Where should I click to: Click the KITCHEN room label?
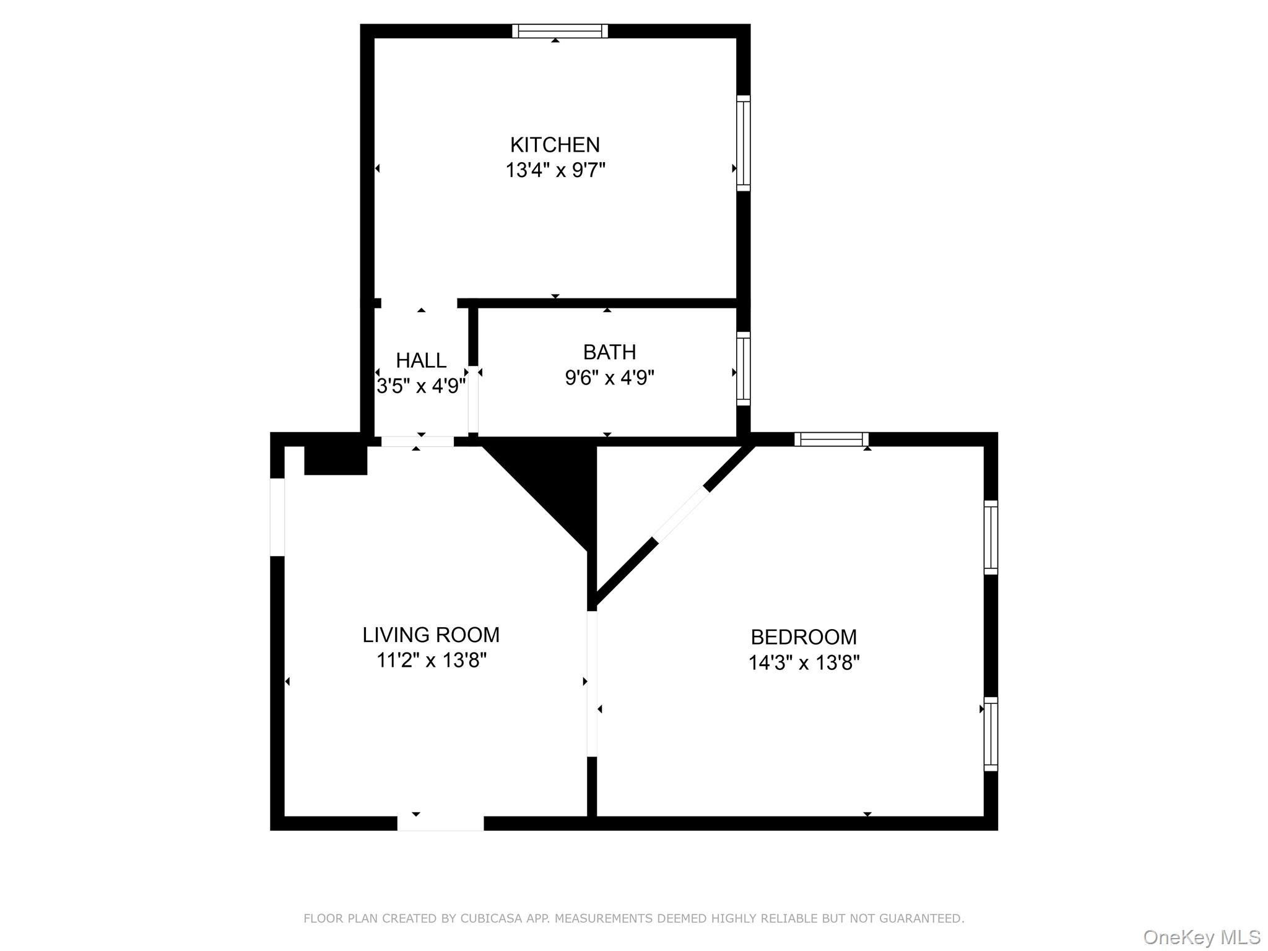click(555, 145)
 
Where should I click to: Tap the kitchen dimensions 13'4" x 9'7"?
click(555, 170)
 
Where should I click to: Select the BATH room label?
click(609, 352)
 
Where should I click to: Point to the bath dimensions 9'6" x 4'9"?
click(609, 377)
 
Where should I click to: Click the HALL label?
click(421, 360)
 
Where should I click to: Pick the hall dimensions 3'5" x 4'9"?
click(421, 386)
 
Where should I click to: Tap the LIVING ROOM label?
click(431, 635)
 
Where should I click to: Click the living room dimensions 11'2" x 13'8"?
click(432, 661)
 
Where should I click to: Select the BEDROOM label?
click(804, 637)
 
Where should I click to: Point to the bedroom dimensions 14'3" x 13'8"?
click(804, 663)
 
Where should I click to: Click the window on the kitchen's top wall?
click(560, 31)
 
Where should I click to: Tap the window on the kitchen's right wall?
click(743, 143)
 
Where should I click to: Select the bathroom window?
click(743, 369)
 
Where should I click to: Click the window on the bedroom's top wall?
click(831, 440)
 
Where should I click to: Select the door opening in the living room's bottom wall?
click(440, 823)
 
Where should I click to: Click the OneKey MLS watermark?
click(1201, 937)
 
